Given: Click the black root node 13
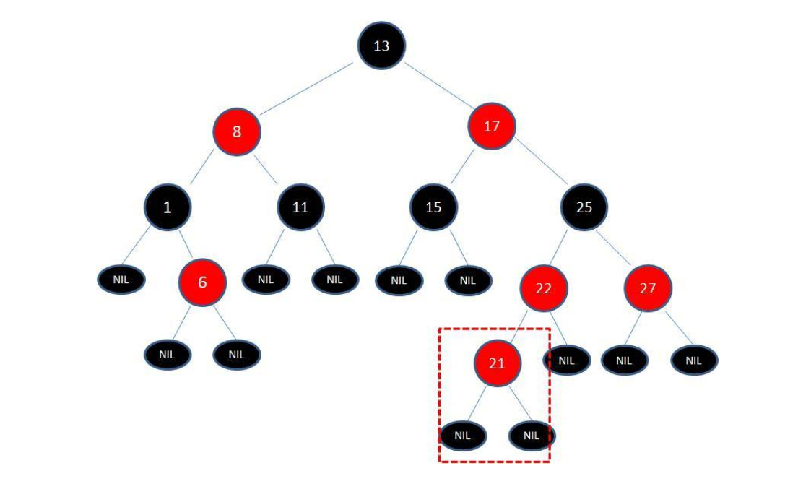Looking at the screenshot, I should pyautogui.click(x=381, y=46).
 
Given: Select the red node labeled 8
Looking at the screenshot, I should pyautogui.click(x=236, y=131).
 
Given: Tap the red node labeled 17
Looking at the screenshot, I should pyautogui.click(x=492, y=126).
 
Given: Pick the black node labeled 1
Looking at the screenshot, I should pyautogui.click(x=167, y=207).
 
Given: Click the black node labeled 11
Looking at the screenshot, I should pyautogui.click(x=300, y=207).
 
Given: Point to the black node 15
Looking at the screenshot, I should pyautogui.click(x=433, y=207).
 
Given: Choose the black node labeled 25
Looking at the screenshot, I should pyautogui.click(x=584, y=207).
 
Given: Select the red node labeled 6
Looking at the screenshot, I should pyautogui.click(x=202, y=282).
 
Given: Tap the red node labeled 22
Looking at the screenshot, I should pyautogui.click(x=544, y=288).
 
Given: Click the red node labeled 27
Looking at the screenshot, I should pyautogui.click(x=648, y=288).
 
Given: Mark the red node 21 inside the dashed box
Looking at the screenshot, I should pyautogui.click(x=497, y=363).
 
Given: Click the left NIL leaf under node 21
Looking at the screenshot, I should pyautogui.click(x=463, y=436).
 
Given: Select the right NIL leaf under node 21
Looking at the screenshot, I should pyautogui.click(x=532, y=436).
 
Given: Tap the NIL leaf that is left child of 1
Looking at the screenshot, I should pyautogui.click(x=121, y=280).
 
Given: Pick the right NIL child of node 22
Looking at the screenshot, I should pyautogui.click(x=566, y=360).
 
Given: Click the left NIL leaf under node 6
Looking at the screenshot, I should pyautogui.click(x=168, y=354).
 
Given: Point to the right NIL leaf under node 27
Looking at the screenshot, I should pyautogui.click(x=693, y=360).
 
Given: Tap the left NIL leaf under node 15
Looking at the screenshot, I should pyautogui.click(x=399, y=280).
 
